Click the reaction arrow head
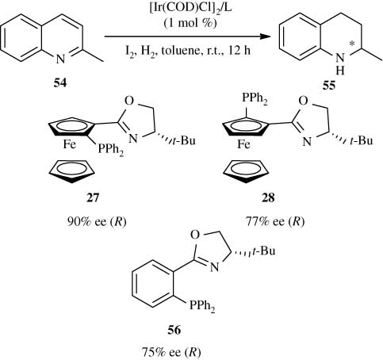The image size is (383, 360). (x=260, y=36)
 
